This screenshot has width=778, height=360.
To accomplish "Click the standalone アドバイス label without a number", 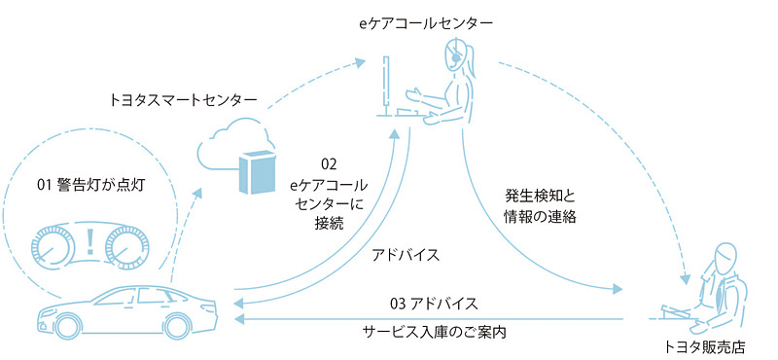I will (407, 255).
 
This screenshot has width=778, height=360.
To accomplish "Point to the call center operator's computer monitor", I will (387, 83).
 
